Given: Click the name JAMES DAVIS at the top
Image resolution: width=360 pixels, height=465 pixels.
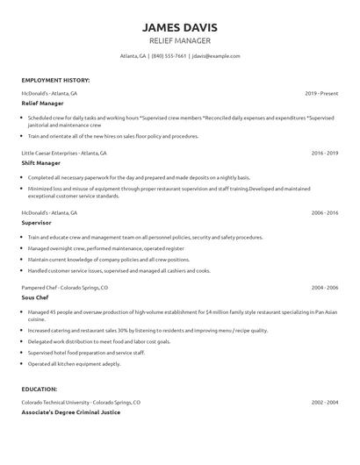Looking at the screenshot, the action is coord(179,27).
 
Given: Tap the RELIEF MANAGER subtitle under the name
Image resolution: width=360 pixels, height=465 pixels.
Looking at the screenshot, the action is coord(179,40).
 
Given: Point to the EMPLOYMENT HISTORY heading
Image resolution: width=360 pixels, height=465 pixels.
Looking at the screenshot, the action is coord(55,80).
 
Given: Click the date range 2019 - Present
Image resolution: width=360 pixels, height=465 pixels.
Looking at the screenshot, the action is coord(320,92).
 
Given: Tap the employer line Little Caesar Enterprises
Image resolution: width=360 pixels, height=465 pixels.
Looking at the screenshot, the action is coord(63,153).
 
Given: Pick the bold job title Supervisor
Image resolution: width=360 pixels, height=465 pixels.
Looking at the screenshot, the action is coord(39,223).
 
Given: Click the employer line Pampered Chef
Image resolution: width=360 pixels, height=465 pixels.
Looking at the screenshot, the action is coord(65,287).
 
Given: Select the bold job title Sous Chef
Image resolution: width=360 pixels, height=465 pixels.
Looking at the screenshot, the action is coord(38,297).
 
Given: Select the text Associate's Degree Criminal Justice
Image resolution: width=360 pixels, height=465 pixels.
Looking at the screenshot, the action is coord(70,411).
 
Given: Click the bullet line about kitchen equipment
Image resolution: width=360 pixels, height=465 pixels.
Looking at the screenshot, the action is coord(74,362).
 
